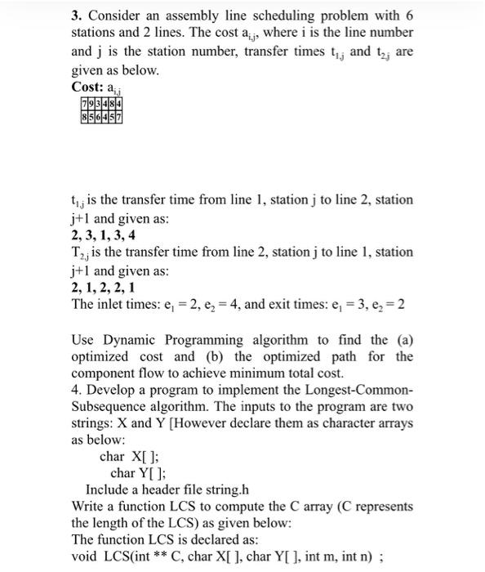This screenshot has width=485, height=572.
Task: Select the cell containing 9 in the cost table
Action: point(94,102)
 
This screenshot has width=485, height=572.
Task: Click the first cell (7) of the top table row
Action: point(86,102)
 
